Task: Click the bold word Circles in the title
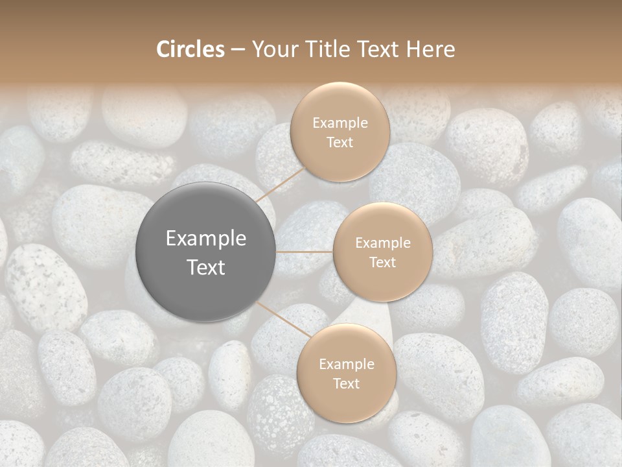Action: [x=190, y=49]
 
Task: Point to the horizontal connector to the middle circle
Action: [x=305, y=252]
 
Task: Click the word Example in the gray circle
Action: [x=206, y=239]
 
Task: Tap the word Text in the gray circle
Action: [x=206, y=267]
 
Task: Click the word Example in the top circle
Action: [x=340, y=123]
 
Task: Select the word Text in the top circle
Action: [x=340, y=142]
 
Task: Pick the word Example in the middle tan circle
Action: [x=383, y=243]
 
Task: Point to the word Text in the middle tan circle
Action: [x=382, y=262]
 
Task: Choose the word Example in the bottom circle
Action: [x=347, y=364]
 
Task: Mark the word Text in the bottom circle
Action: [x=346, y=383]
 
